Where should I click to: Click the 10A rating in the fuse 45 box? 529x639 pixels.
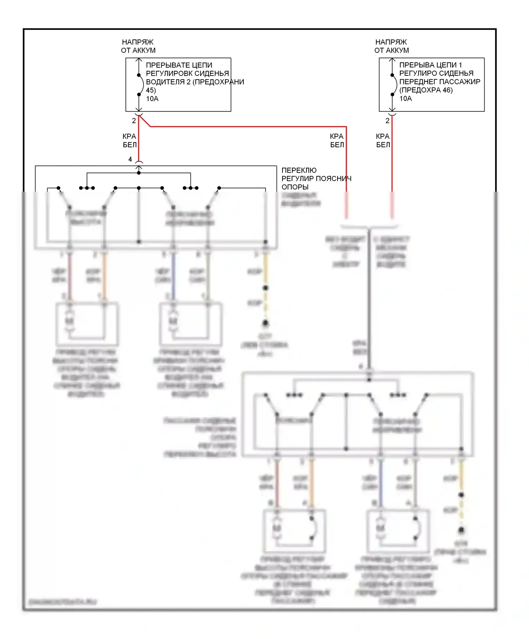152,99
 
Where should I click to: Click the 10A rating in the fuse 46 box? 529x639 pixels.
406,99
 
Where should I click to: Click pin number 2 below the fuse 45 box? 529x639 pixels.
134,121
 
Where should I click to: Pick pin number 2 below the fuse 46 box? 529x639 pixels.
387,121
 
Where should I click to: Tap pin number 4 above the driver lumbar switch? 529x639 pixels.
130,160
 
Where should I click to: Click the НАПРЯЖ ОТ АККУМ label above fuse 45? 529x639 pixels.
138,46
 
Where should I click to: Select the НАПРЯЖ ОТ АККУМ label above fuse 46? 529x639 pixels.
391,46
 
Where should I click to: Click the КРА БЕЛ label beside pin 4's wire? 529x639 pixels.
129,141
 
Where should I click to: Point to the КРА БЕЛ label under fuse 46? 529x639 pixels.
383,141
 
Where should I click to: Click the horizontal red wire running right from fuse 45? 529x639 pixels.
247,126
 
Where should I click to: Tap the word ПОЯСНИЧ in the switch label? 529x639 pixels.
334,179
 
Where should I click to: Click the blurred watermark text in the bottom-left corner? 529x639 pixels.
63,602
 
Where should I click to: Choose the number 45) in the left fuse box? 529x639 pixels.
151,91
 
